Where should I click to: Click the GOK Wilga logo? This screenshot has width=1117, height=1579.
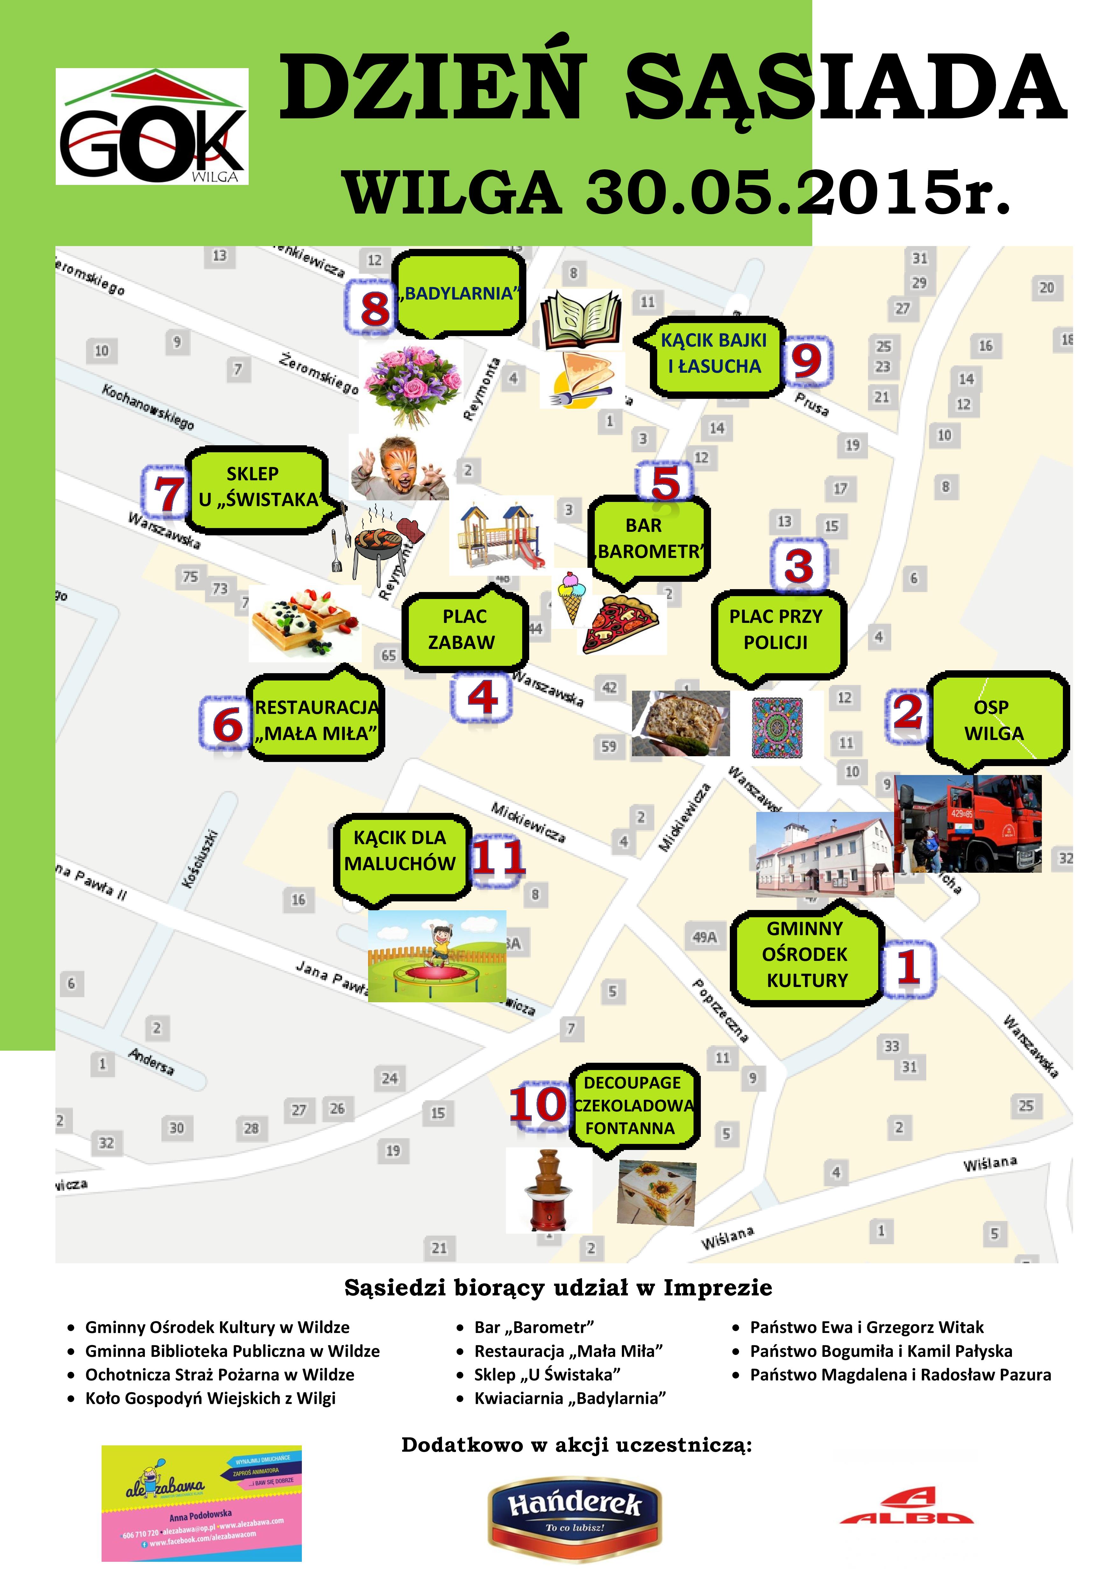(x=152, y=127)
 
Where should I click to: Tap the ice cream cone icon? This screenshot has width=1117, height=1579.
(x=572, y=596)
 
